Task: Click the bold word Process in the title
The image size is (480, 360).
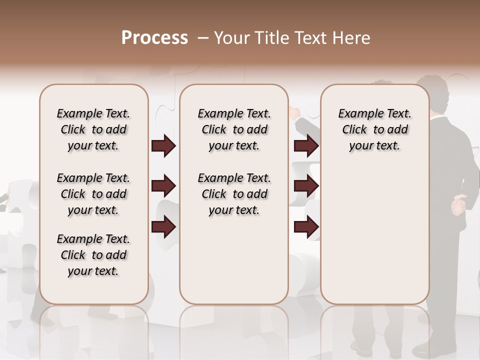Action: pyautogui.click(x=154, y=38)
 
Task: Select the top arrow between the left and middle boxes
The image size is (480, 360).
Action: pyautogui.click(x=163, y=146)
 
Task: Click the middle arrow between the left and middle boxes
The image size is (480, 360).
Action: pyautogui.click(x=163, y=186)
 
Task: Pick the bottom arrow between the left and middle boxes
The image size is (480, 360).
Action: pyautogui.click(x=163, y=226)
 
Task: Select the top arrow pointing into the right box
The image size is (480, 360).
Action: pyautogui.click(x=306, y=146)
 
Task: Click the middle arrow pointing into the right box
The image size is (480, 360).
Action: pyautogui.click(x=306, y=186)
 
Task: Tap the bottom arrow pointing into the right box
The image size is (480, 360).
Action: pyautogui.click(x=306, y=226)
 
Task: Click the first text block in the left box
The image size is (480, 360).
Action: pyautogui.click(x=93, y=129)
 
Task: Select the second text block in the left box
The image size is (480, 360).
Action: pyautogui.click(x=93, y=194)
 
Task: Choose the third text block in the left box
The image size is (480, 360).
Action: pyautogui.click(x=93, y=255)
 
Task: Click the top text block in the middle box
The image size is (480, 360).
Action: pyautogui.click(x=234, y=129)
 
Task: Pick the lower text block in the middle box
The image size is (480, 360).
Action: pyautogui.click(x=234, y=194)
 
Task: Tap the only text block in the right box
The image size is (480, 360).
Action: pyautogui.click(x=374, y=129)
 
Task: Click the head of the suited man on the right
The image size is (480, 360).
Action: pyautogui.click(x=434, y=92)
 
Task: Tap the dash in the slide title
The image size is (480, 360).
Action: pyautogui.click(x=203, y=38)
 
